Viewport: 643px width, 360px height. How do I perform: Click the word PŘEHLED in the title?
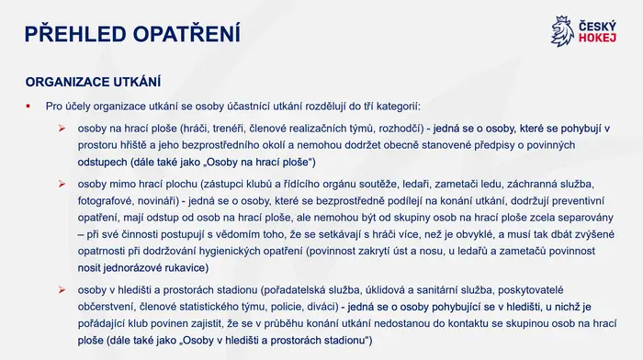tap(75, 33)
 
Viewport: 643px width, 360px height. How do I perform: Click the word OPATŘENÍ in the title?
tap(186, 33)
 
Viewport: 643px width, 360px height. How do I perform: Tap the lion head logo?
tap(562, 31)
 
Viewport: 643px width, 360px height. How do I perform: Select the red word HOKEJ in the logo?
tap(597, 39)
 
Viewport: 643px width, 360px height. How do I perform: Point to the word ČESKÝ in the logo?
tap(597, 27)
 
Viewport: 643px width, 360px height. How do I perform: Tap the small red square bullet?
tap(28, 107)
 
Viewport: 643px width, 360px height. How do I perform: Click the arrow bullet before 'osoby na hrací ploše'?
tap(62, 129)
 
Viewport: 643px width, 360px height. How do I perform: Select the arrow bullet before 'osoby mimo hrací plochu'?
tap(62, 184)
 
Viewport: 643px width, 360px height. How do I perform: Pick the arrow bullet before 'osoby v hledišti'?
tap(62, 290)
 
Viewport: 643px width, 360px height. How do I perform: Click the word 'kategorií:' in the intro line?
tap(399, 107)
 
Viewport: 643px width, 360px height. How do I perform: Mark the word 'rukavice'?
tap(186, 268)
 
